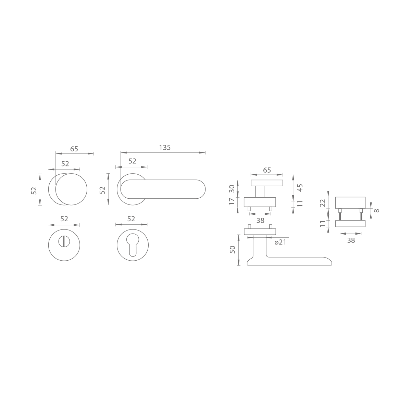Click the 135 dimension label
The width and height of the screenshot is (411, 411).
165,148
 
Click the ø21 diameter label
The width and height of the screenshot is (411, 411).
280,242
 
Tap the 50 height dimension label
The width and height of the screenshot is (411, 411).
232,249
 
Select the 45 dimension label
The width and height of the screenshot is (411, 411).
300,188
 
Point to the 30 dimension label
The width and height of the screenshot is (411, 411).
232,189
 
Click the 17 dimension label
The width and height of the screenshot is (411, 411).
232,201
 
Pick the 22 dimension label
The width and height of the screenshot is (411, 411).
323,203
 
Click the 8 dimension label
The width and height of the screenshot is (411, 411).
377,211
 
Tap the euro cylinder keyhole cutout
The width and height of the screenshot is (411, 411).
133,244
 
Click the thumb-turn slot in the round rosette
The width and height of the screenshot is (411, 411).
64,242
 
